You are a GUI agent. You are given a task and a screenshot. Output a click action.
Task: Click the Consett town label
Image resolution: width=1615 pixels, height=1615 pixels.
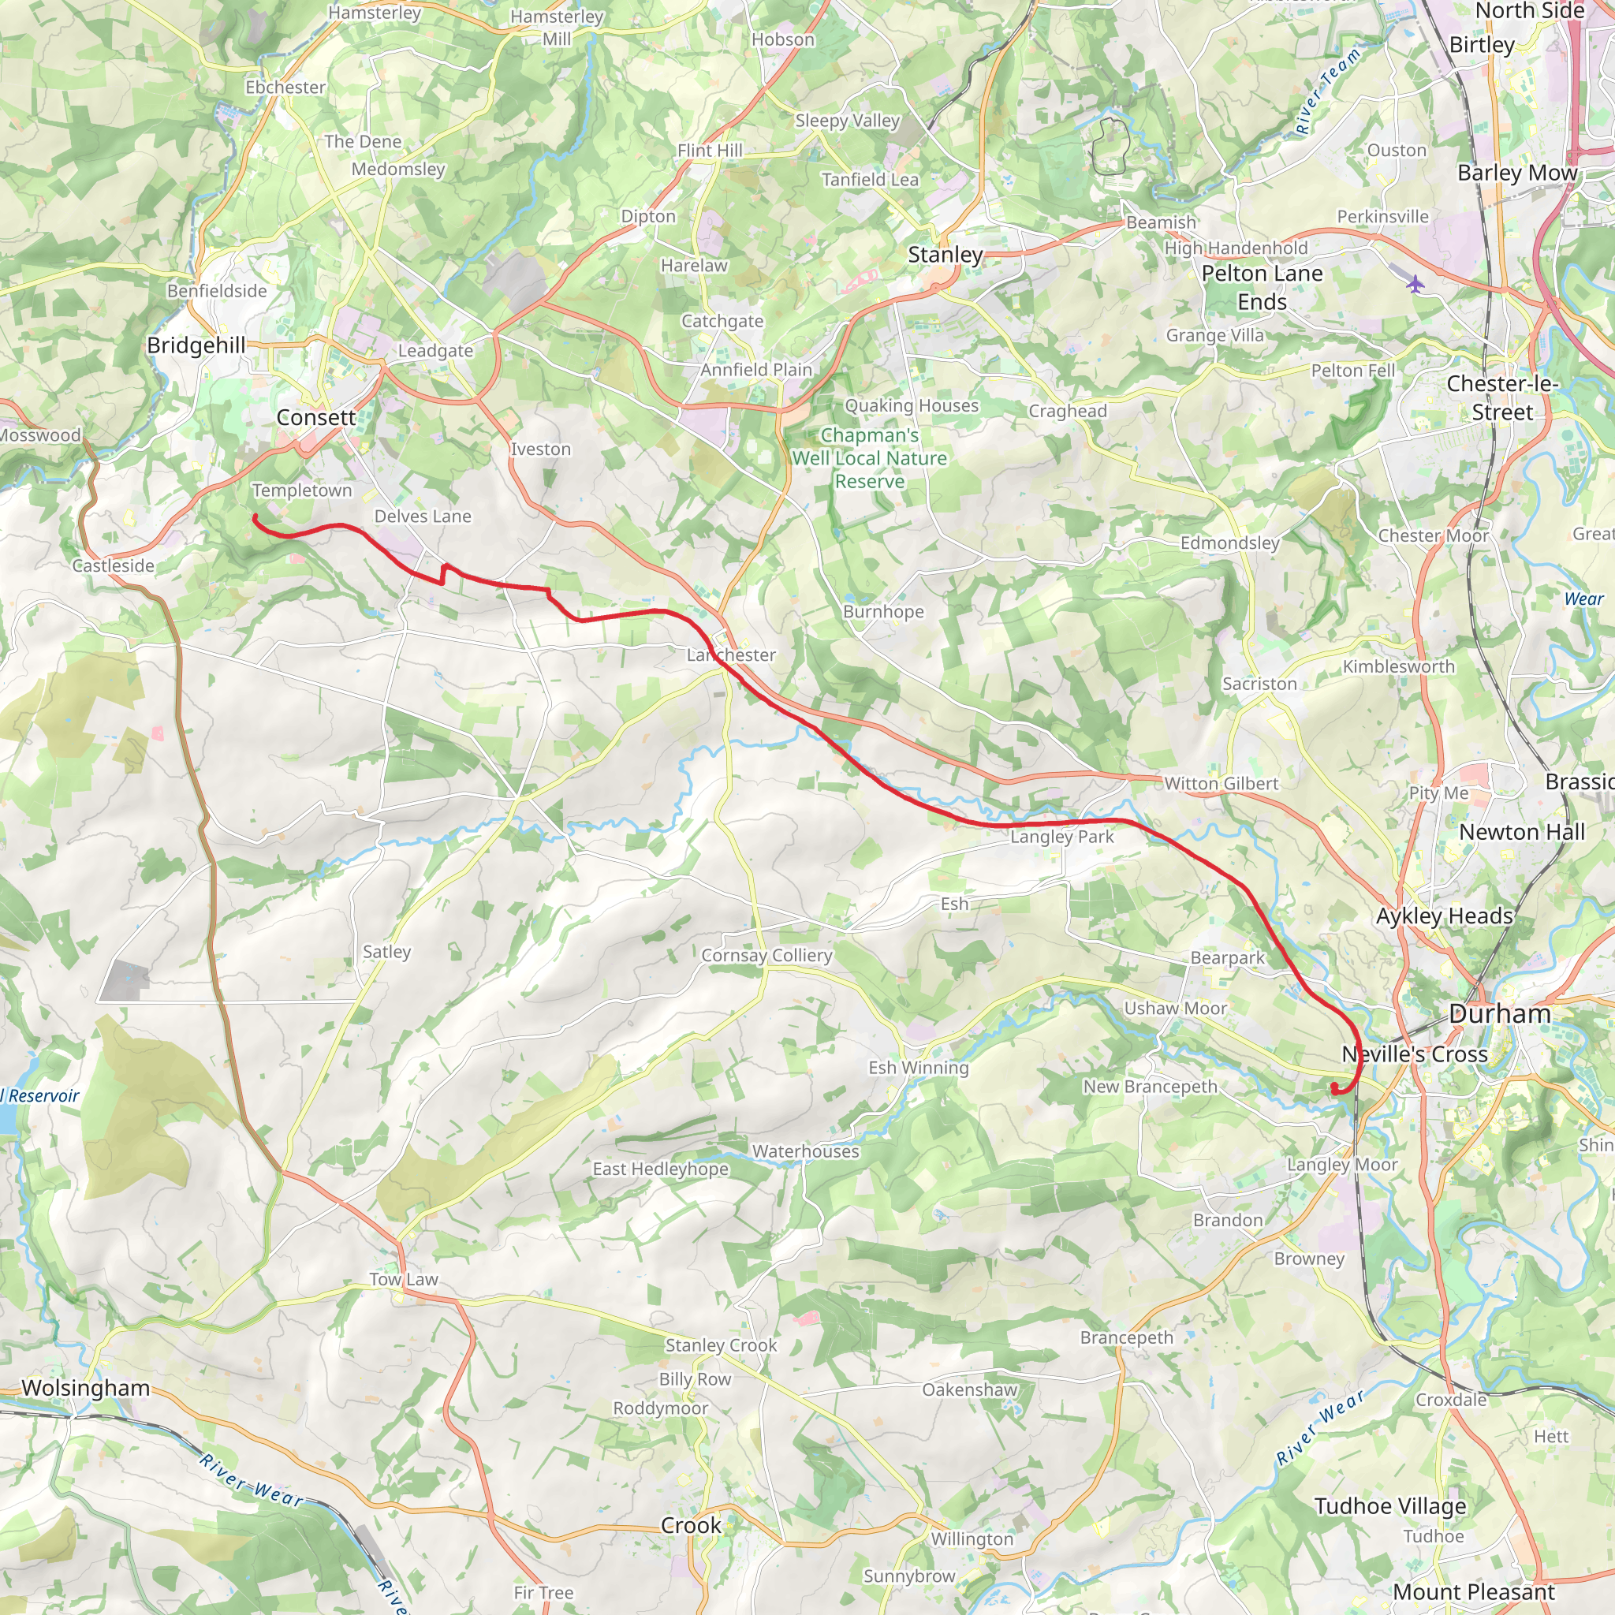(x=316, y=417)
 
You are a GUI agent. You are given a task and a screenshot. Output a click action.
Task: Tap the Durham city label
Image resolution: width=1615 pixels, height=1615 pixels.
(x=1500, y=1014)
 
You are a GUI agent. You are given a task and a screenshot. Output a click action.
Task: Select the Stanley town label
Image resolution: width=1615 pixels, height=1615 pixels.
(x=945, y=254)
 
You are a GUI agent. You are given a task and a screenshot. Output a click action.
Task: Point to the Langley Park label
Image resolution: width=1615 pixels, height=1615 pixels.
(x=1061, y=837)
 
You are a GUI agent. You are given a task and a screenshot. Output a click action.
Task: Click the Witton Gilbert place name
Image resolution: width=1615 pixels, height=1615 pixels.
(x=1221, y=783)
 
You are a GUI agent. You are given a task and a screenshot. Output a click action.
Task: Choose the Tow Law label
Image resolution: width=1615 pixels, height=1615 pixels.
(x=404, y=1279)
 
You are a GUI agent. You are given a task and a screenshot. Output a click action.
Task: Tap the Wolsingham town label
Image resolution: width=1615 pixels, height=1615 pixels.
(x=85, y=1388)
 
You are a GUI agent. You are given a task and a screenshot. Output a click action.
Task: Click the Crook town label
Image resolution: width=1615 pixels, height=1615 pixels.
(x=691, y=1526)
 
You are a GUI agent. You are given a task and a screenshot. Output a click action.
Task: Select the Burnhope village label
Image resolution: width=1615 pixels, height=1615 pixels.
(x=882, y=611)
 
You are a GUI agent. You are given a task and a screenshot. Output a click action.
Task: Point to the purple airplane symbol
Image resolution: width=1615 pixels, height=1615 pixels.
(x=1415, y=284)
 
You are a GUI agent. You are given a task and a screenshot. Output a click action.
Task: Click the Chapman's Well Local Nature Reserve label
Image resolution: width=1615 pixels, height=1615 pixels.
(x=869, y=458)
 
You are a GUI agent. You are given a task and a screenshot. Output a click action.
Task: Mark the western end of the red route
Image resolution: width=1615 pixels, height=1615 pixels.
(x=254, y=517)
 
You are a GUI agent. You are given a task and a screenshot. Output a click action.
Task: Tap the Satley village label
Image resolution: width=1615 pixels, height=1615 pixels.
(x=386, y=951)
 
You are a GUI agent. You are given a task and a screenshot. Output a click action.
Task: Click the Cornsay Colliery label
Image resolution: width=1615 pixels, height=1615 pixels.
(x=766, y=956)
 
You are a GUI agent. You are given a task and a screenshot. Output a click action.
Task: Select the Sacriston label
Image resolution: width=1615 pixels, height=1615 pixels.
(x=1259, y=684)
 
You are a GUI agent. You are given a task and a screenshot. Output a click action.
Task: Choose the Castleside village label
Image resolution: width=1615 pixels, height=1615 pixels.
(x=113, y=566)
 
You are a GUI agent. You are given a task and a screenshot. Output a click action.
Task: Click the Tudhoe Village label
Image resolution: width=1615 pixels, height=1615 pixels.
(x=1390, y=1506)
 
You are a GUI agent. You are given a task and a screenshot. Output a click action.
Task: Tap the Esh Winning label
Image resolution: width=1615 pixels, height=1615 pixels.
(x=918, y=1068)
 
